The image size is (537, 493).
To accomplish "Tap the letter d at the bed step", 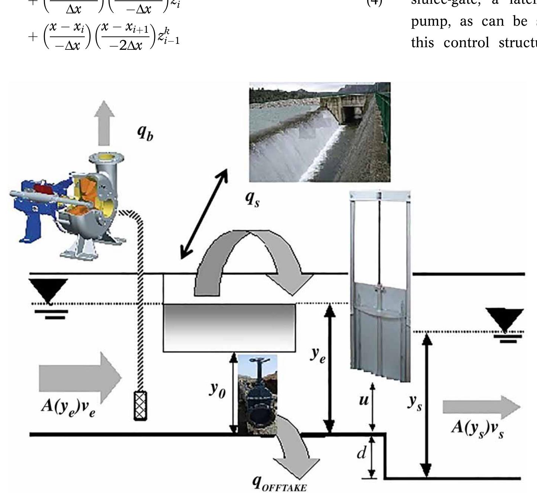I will (361, 453).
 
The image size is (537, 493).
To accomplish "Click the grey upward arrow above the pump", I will (104, 123).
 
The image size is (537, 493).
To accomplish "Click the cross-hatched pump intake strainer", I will (141, 406).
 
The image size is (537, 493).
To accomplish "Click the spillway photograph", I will (320, 132).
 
